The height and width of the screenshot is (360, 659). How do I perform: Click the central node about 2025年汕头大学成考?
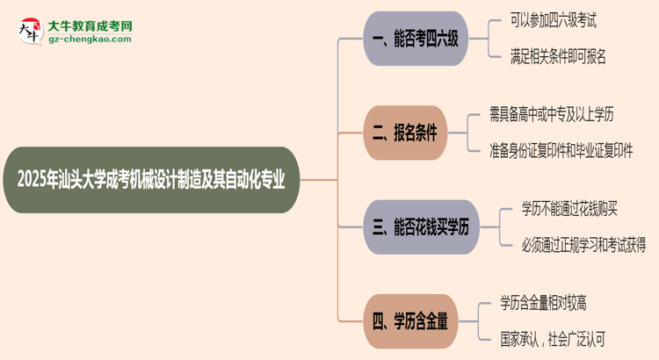(157, 180)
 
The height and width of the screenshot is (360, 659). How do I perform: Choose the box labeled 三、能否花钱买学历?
(421, 227)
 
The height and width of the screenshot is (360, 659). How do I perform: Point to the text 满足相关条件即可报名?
(558, 57)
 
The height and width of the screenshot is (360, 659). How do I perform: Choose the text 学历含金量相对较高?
(543, 304)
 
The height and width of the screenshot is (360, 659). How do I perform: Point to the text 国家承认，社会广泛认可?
(553, 339)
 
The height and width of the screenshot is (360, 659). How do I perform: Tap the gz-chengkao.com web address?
(90, 40)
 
